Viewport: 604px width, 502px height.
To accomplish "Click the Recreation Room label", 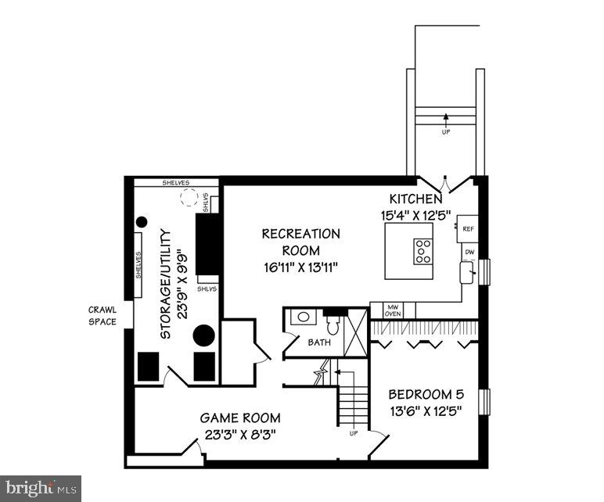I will [x=301, y=242].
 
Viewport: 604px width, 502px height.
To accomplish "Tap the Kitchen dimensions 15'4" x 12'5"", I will [x=415, y=214].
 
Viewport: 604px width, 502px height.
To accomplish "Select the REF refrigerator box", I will [x=468, y=228].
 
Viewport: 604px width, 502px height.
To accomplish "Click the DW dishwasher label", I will [x=469, y=252].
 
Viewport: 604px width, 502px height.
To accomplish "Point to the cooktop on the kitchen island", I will [x=423, y=251].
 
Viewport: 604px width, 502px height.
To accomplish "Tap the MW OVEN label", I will [x=392, y=310].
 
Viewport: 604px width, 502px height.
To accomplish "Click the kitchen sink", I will [x=467, y=272].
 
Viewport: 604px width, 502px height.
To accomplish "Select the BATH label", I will [x=318, y=342].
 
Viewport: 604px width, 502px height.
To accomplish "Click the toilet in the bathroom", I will [x=333, y=325].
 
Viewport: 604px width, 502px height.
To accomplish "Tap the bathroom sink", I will [x=301, y=317].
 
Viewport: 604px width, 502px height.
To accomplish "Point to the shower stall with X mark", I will [x=355, y=333].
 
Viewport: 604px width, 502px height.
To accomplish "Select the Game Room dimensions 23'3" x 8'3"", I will [x=239, y=432].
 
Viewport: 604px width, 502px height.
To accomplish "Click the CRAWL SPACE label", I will [x=102, y=315].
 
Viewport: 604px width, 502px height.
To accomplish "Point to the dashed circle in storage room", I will [x=189, y=197].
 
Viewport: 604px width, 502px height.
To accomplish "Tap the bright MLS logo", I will [x=41, y=489].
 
